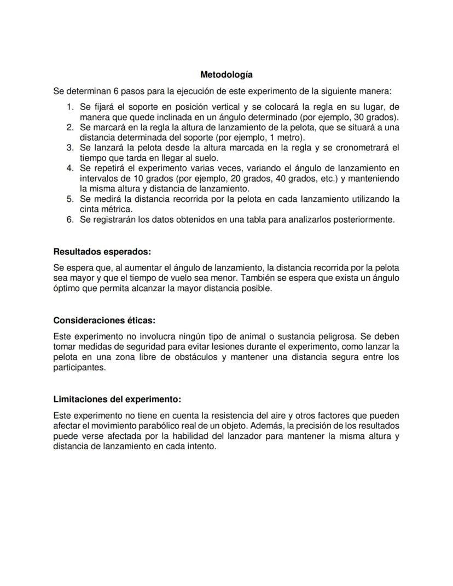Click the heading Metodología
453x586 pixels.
226,74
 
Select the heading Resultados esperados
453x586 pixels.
102,252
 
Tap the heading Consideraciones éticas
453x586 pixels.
108,320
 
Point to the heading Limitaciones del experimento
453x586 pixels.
117,399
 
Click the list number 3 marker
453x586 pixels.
70,148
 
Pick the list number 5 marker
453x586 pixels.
70,199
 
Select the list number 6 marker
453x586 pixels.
70,219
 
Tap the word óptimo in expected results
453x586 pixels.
66,288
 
